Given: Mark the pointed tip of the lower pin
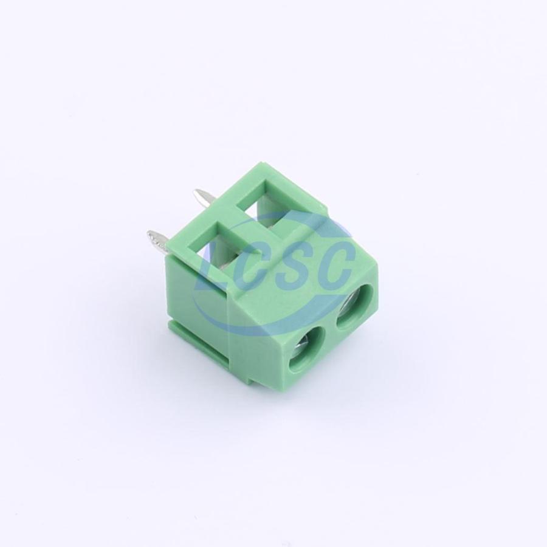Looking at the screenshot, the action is pos(148,233).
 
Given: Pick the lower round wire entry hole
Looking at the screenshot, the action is pos(307,350).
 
